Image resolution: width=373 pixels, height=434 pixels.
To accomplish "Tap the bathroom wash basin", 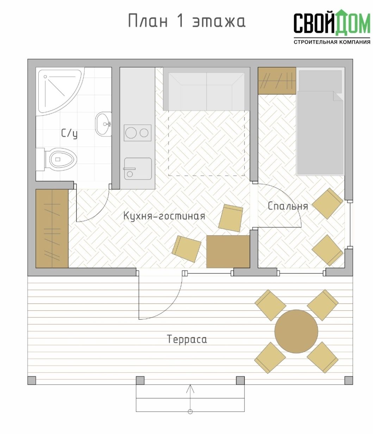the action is (104, 124).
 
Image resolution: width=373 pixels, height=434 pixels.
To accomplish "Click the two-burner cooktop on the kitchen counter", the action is (137, 133).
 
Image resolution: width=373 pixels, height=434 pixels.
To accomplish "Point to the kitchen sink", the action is (138, 169).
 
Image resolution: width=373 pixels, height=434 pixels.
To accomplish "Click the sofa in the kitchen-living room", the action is (207, 89).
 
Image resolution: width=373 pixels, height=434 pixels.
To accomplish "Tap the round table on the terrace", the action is (296, 331).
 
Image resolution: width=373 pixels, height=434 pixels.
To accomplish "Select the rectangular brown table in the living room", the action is (228, 251).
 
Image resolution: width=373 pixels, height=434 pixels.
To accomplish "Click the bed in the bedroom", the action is (321, 121).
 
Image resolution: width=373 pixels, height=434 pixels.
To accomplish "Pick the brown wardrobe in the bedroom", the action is (277, 81).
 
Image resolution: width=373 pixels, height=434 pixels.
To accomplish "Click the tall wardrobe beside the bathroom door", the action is (52, 229).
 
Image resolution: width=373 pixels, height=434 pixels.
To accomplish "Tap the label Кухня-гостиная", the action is (164, 216).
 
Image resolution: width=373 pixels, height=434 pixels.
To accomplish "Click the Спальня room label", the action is (288, 206).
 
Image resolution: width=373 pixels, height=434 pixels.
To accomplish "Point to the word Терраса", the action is (187, 339).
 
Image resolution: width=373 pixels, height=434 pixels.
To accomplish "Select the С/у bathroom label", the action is (69, 134).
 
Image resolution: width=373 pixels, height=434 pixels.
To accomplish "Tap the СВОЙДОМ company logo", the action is (332, 23).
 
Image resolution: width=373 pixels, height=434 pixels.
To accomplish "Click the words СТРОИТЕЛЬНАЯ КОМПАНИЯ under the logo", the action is (332, 42).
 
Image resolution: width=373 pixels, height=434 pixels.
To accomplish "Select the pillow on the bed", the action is (320, 81).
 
